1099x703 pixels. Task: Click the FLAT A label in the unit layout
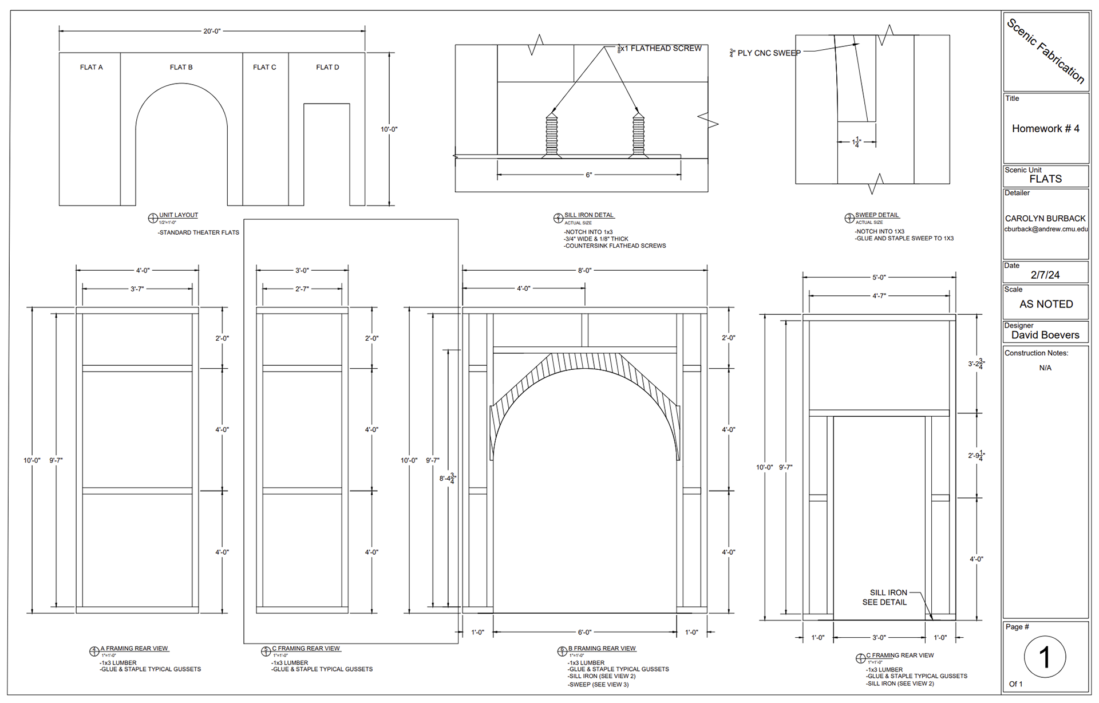tap(92, 68)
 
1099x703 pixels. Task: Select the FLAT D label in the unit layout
tap(327, 68)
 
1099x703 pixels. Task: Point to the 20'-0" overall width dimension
tap(212, 31)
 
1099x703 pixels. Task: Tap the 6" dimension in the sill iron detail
tap(588, 175)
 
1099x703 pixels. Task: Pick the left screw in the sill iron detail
tap(551, 135)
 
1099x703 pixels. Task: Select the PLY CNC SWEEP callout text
tap(769, 53)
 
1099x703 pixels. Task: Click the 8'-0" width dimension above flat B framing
tap(584, 270)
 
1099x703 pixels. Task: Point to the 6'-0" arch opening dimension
tap(584, 633)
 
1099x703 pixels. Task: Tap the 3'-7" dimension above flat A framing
tap(137, 289)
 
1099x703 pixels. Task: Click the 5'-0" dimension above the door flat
tap(879, 278)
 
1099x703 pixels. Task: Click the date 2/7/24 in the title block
tap(1045, 275)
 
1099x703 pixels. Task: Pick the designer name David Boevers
tap(1045, 335)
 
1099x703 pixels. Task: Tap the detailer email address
tap(1046, 229)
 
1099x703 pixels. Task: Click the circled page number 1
tap(1045, 657)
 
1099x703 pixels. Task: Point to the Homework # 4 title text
tap(1045, 129)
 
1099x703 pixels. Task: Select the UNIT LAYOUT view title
tap(178, 215)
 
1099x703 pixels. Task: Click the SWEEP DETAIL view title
tap(877, 215)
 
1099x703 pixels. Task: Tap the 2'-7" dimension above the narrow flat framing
tap(302, 289)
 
